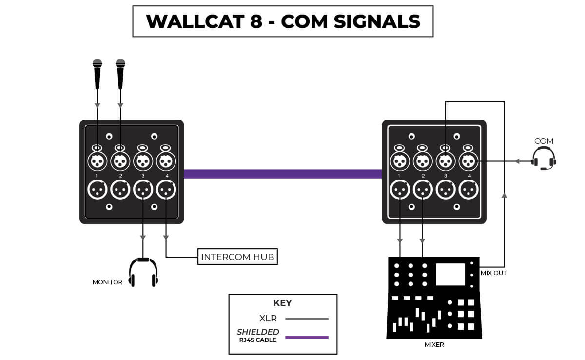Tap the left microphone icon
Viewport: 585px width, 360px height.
coord(97,73)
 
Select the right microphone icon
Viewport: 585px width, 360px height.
coord(120,73)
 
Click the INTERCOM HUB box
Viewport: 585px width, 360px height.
coord(237,257)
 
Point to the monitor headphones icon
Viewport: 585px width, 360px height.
coord(143,273)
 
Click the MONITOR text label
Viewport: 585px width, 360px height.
coord(107,282)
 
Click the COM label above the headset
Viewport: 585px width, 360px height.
coord(544,141)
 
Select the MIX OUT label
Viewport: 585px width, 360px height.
coord(493,273)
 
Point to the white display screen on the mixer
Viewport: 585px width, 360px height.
coord(450,274)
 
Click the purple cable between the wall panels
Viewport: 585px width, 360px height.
coord(283,174)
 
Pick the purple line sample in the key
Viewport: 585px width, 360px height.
coord(307,337)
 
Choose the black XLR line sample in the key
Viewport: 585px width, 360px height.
coord(307,319)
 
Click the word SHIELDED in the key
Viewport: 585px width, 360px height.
coord(258,332)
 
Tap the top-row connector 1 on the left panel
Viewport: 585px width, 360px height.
coord(97,160)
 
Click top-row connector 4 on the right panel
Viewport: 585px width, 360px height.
coord(468,160)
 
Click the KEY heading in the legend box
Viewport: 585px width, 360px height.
coord(283,303)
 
